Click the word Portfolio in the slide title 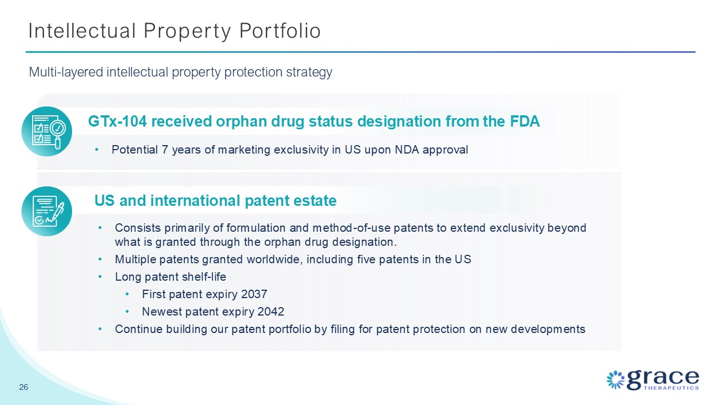pos(280,31)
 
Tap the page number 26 pos(24,387)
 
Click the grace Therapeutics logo pos(653,380)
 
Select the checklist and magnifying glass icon pos(47,132)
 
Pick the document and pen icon pos(47,211)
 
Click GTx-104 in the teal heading pos(118,121)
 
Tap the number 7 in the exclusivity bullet pos(165,150)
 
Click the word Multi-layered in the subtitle pos(66,72)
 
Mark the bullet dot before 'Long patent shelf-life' pos(100,277)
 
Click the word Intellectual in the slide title pos(82,31)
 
